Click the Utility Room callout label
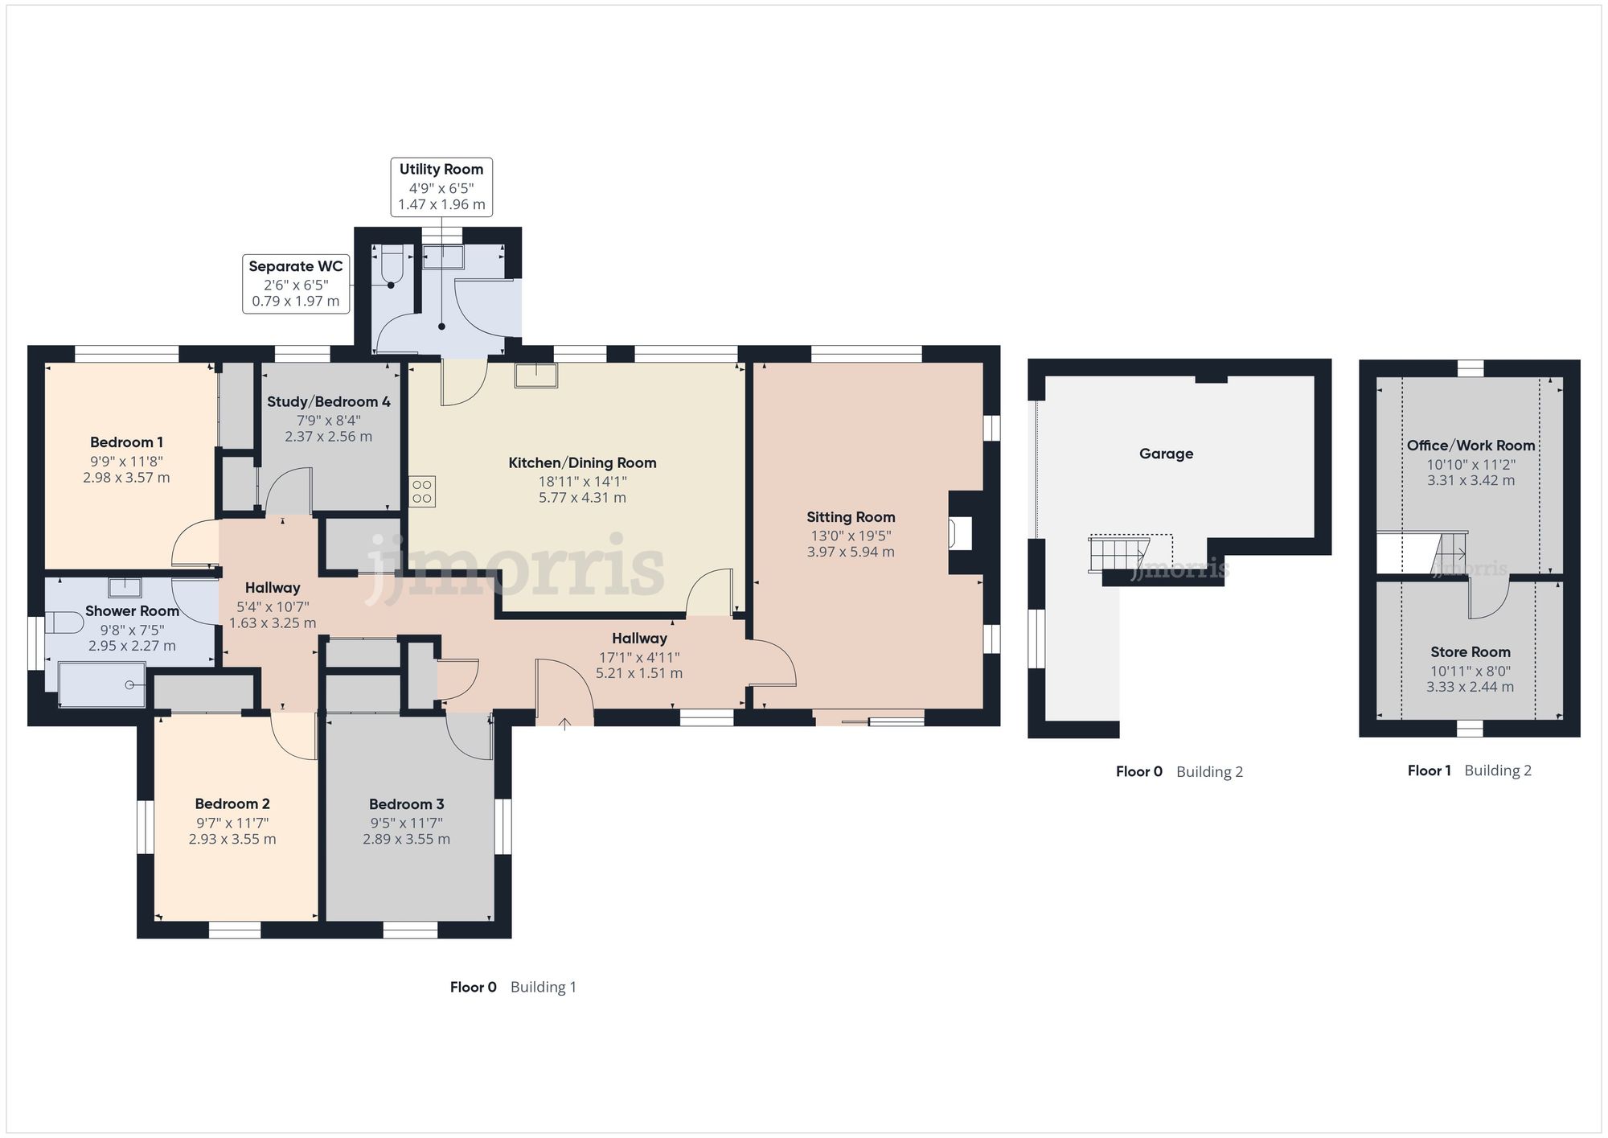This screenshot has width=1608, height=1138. pos(441,187)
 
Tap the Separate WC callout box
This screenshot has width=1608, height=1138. pos(295,284)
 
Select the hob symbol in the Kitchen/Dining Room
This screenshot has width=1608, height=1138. pos(423,491)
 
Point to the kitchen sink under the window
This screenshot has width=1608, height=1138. pos(536,376)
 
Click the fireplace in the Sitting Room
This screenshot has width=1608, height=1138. pos(960,533)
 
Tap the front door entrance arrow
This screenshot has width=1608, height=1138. pos(565,723)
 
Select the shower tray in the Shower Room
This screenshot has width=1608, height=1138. pos(102,684)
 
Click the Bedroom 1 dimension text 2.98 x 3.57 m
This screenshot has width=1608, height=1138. pos(126,478)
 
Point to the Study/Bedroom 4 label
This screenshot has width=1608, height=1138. pos(329,401)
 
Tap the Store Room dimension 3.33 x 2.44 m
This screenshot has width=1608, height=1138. pos(1470,688)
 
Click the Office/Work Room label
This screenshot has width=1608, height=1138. pos(1471,446)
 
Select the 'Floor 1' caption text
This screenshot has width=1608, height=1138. pos(1429,770)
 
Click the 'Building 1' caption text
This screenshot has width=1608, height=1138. pos(544,987)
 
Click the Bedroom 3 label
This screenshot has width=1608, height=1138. pos(406,804)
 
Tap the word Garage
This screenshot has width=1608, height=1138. pos(1166,454)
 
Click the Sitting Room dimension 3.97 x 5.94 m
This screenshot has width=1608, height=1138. pos(851,553)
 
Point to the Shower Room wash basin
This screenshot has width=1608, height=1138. pos(125,587)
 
